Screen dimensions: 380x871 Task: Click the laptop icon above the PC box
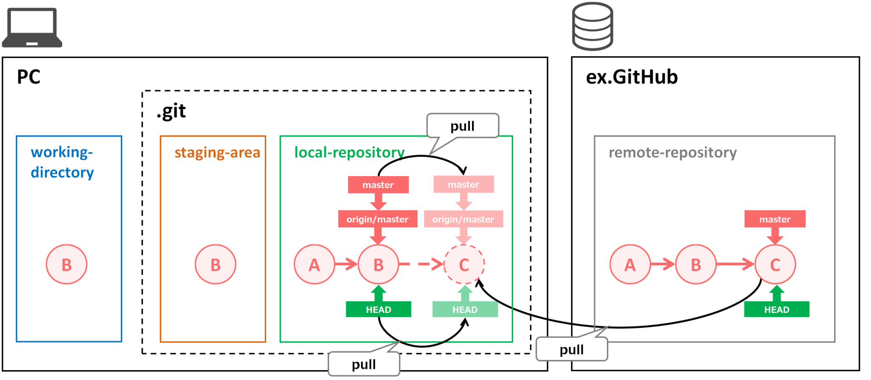tap(32, 27)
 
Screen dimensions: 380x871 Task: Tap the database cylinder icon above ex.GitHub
tap(592, 26)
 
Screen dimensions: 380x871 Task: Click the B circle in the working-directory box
tap(67, 264)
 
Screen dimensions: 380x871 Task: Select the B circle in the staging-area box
tap(216, 264)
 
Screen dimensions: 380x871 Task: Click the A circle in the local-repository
tap(314, 264)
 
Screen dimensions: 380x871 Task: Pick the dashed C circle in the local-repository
tap(464, 264)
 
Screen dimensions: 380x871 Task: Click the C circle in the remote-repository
tap(775, 264)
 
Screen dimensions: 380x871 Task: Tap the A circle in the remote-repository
tap(630, 264)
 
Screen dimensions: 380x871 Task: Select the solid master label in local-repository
tap(378, 185)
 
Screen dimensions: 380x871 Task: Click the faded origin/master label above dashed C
tap(463, 219)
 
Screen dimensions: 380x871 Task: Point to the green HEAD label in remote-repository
tap(777, 309)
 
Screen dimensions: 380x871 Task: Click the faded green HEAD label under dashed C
tap(465, 309)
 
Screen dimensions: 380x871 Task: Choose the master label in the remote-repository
tap(775, 219)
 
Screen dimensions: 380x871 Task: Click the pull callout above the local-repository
tap(462, 126)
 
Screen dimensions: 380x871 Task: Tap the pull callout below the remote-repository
tap(572, 349)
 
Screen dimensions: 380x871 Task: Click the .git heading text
tap(171, 111)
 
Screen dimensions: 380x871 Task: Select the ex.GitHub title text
tap(632, 77)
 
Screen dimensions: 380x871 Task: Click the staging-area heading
tap(217, 152)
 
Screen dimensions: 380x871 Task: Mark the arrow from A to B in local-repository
tap(346, 264)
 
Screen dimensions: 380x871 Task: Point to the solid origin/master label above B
tap(377, 219)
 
